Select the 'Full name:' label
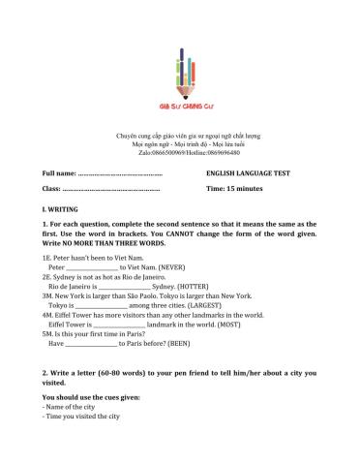pos(59,171)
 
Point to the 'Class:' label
pos(52,188)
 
